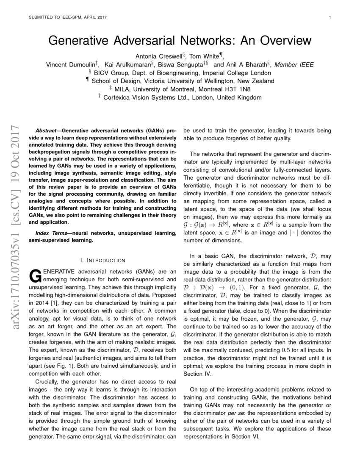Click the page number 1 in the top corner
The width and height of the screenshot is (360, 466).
point(329,17)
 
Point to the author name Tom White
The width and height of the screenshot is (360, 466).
point(206,56)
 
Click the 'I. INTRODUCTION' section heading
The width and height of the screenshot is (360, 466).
point(102,260)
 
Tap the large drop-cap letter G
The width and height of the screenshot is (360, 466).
point(34,275)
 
